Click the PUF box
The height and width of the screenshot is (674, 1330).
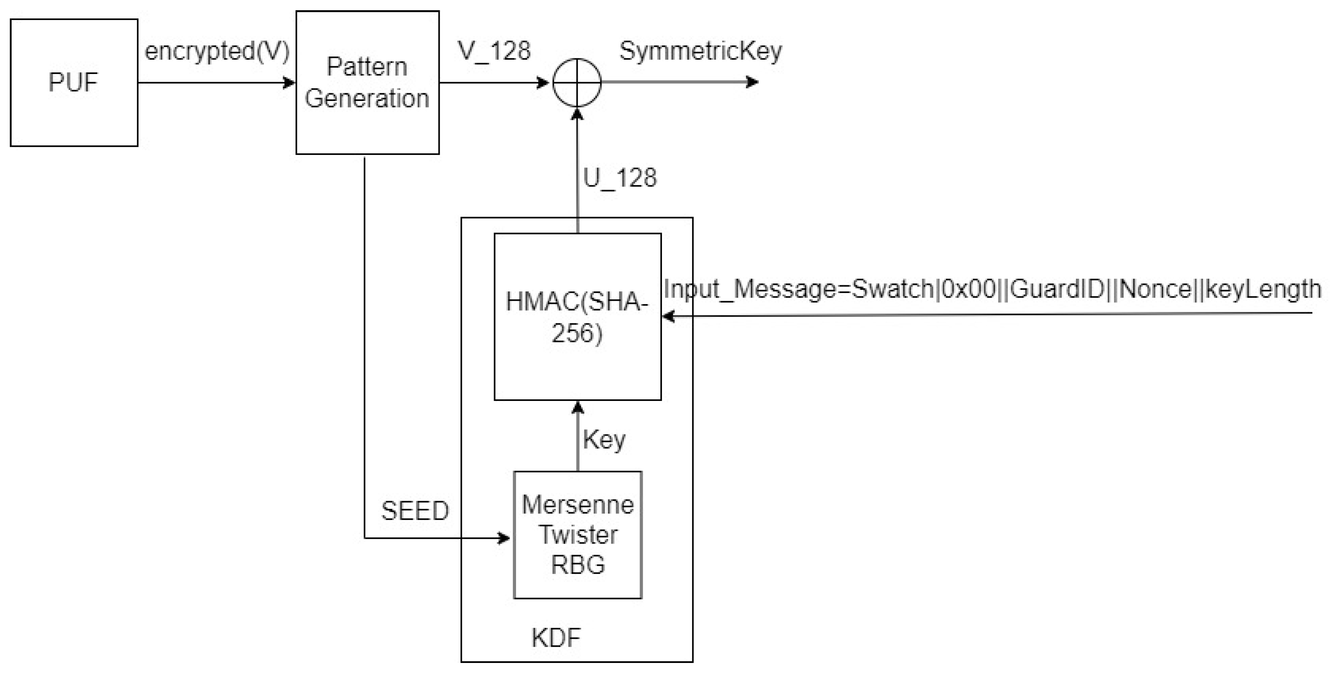(x=74, y=83)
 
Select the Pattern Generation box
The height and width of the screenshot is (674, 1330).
(x=367, y=83)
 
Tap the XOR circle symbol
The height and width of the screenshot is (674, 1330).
(x=577, y=83)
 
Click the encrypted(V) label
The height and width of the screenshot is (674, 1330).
(x=217, y=51)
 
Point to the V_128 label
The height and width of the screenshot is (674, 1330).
(x=494, y=51)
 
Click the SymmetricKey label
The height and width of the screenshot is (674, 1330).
(x=700, y=51)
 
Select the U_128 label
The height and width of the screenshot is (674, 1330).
(x=619, y=178)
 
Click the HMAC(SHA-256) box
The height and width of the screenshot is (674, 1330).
(x=577, y=317)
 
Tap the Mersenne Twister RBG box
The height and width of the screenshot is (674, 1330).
(x=577, y=535)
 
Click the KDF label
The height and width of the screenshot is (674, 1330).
(x=556, y=638)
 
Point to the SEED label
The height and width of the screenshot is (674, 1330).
(x=415, y=511)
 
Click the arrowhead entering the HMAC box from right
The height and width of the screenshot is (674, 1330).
(x=668, y=316)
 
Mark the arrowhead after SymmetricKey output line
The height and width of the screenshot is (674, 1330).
(x=753, y=82)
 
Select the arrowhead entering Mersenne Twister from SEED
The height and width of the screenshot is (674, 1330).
(x=503, y=538)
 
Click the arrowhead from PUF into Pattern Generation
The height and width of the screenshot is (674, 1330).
(x=290, y=83)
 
